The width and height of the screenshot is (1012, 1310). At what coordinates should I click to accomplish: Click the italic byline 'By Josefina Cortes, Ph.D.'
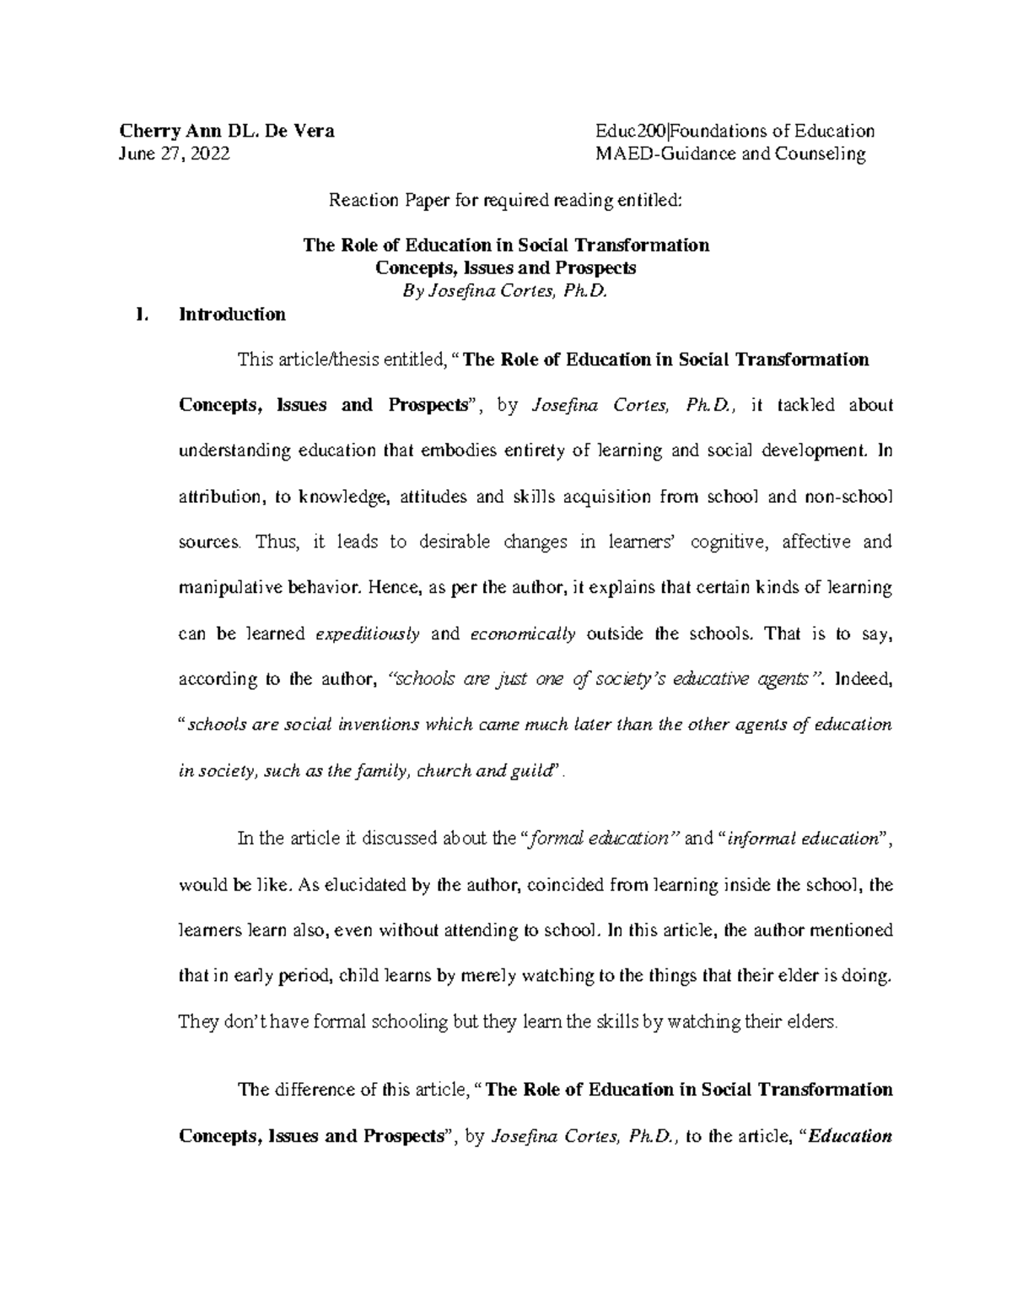(x=505, y=291)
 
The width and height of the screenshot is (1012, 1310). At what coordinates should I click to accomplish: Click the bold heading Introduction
(x=232, y=315)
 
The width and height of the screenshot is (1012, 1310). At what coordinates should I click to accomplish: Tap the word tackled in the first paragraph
(x=805, y=405)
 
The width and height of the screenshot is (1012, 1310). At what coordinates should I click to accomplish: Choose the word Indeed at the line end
(x=862, y=679)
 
